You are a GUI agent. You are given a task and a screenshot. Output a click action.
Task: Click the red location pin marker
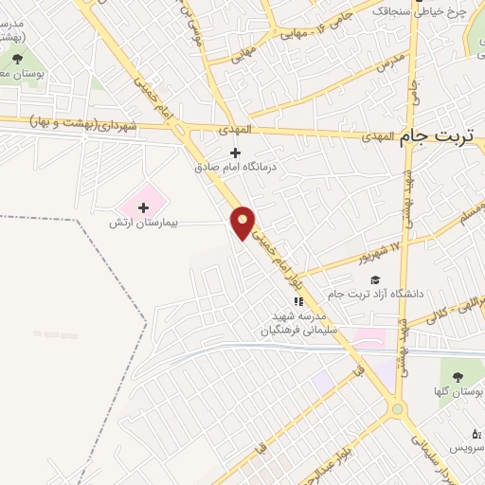tap(243, 222)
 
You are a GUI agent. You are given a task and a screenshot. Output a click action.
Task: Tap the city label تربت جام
tap(440, 135)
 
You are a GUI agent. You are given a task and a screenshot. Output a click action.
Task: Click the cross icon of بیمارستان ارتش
tap(144, 207)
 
